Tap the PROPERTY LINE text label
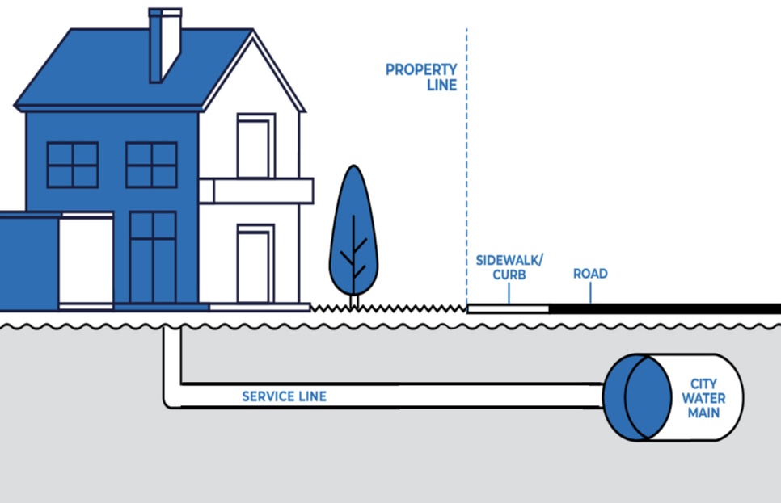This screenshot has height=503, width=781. pyautogui.click(x=421, y=77)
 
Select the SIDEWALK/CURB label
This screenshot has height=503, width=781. pyautogui.click(x=509, y=267)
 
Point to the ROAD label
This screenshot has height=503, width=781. pyautogui.click(x=590, y=274)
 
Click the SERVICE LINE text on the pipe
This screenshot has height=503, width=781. pyautogui.click(x=284, y=396)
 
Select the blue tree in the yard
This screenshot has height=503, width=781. pyautogui.click(x=353, y=234)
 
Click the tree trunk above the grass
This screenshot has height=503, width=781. pyautogui.click(x=353, y=300)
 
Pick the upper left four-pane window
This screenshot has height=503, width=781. pyautogui.click(x=73, y=165)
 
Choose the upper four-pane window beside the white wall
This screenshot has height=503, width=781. pyautogui.click(x=151, y=165)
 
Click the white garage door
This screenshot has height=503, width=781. pyautogui.click(x=85, y=261)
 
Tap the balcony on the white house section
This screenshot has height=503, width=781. pyautogui.click(x=255, y=191)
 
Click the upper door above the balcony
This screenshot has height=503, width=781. pyautogui.click(x=255, y=147)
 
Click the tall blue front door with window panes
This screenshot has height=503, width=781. pyautogui.click(x=153, y=258)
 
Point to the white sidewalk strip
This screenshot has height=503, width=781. pyautogui.click(x=508, y=308)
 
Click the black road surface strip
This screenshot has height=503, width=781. pyautogui.click(x=663, y=308)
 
